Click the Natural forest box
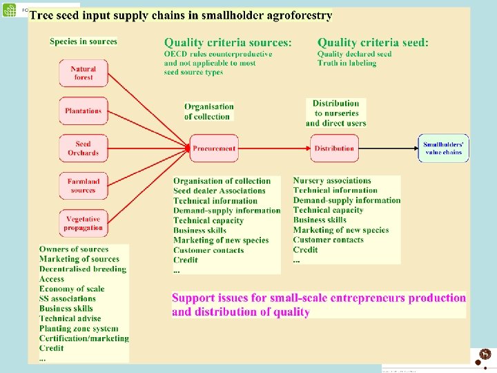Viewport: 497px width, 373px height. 83,73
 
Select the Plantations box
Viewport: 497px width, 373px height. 83,111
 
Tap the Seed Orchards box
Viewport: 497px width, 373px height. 83,149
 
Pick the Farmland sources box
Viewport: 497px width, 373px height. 83,186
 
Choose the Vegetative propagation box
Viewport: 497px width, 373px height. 83,224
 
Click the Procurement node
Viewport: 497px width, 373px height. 214,149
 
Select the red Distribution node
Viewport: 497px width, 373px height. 334,149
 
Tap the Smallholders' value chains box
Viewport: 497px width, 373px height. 443,149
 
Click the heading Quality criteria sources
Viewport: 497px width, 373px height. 228,43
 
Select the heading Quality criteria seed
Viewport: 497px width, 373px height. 373,43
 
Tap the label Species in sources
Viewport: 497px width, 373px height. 84,41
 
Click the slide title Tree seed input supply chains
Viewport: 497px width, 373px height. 182,15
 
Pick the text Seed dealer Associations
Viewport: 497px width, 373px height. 220,191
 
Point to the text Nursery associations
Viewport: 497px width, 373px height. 332,181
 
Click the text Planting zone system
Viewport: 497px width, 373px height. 79,329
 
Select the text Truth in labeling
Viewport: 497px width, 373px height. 347,64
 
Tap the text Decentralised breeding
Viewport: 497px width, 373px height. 83,269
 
